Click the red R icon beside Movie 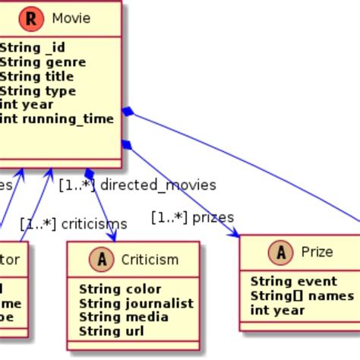coord(31,18)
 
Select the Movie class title coord(71,18)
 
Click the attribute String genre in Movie coord(43,62)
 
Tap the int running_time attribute coord(56,118)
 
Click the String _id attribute coord(32,48)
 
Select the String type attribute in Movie coord(36,91)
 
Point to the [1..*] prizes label coord(192,217)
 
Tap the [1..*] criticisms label coord(73,224)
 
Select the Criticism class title coord(150,260)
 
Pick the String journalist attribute coord(136,303)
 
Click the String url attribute coord(111,331)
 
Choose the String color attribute coord(120,289)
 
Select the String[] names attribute coord(302,295)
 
